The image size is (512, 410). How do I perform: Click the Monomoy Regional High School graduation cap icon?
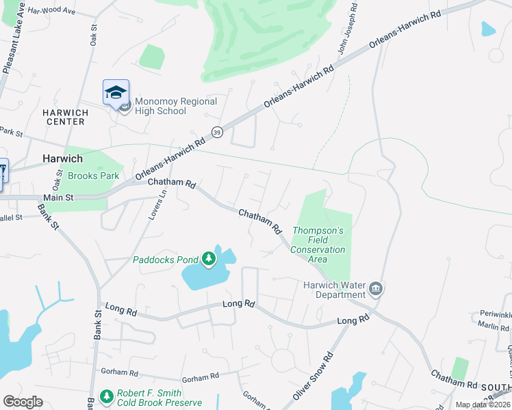(116, 92)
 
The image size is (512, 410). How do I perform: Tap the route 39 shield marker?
(217, 132)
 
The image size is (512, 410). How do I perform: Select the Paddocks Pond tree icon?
(209, 259)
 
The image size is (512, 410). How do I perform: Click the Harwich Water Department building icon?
(375, 289)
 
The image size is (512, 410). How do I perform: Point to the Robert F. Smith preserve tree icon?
(106, 396)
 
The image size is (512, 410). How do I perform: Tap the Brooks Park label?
(94, 176)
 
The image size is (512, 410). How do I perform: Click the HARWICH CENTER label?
(64, 117)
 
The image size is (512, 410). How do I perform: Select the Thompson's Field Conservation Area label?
(318, 241)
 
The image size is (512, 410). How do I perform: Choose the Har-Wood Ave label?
(52, 11)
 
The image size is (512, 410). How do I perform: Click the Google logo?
(23, 402)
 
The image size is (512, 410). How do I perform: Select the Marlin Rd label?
(493, 327)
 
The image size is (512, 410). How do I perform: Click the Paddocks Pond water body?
(199, 277)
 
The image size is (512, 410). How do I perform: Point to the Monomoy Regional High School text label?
(176, 106)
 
